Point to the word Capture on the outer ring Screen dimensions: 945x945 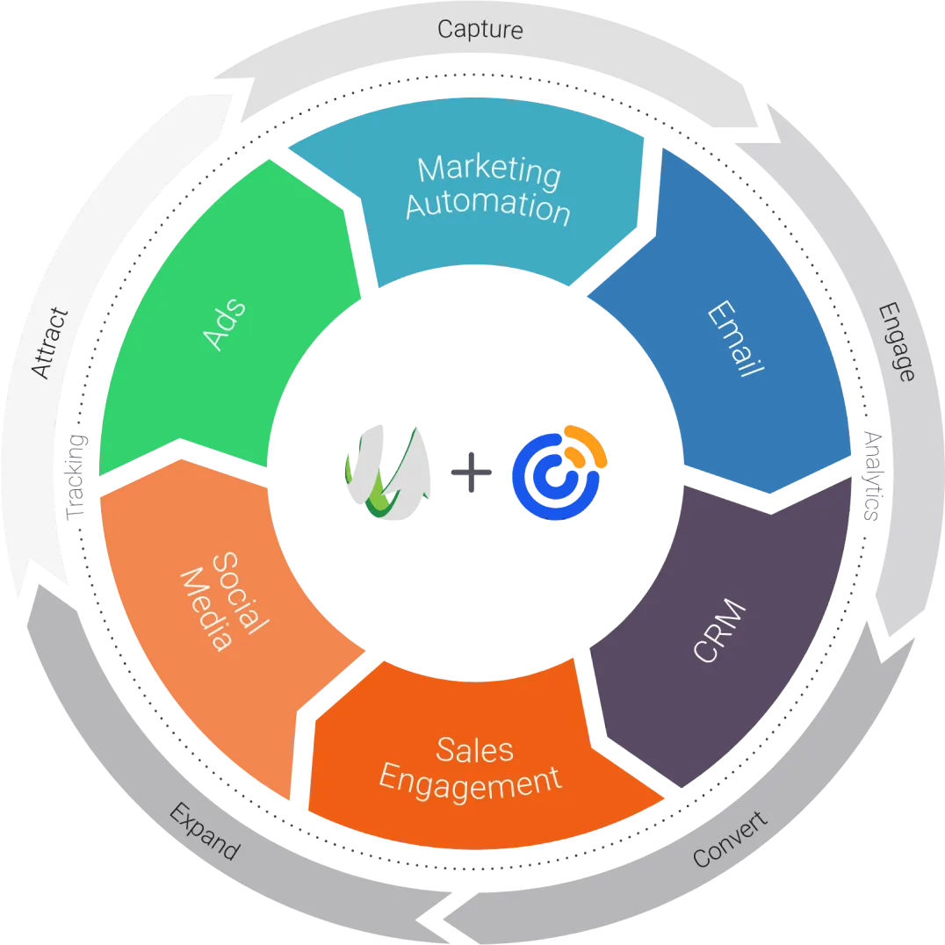pyautogui.click(x=480, y=29)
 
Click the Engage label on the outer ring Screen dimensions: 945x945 pyautogui.click(x=896, y=342)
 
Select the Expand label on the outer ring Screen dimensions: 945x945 pyautogui.click(x=203, y=831)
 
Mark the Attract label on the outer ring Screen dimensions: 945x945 pyautogui.click(x=49, y=343)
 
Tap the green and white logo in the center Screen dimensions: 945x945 pyautogui.click(x=390, y=474)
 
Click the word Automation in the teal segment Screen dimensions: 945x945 pyautogui.click(x=487, y=207)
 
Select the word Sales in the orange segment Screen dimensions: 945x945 pyautogui.click(x=474, y=748)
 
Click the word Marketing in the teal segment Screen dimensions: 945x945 pyautogui.click(x=488, y=170)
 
